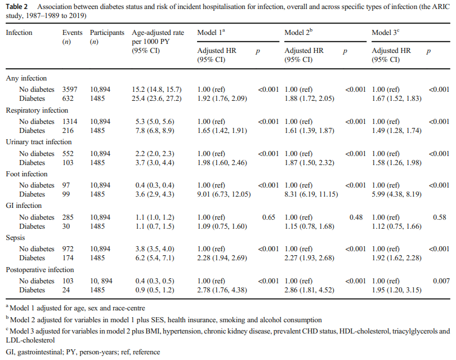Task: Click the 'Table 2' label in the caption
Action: click(16, 7)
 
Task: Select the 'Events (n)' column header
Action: click(72, 37)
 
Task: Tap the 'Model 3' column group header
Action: click(385, 32)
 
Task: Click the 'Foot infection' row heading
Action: click(26, 174)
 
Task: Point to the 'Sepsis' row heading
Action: click(15, 238)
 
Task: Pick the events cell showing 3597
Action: click(70, 90)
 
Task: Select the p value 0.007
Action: click(441, 281)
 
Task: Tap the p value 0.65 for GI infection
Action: click(269, 217)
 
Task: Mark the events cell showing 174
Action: click(68, 258)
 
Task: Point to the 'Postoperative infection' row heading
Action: click(40, 270)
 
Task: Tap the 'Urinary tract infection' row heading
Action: click(39, 142)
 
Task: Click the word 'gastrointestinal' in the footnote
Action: click(39, 352)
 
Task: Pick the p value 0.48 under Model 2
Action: click(356, 217)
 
